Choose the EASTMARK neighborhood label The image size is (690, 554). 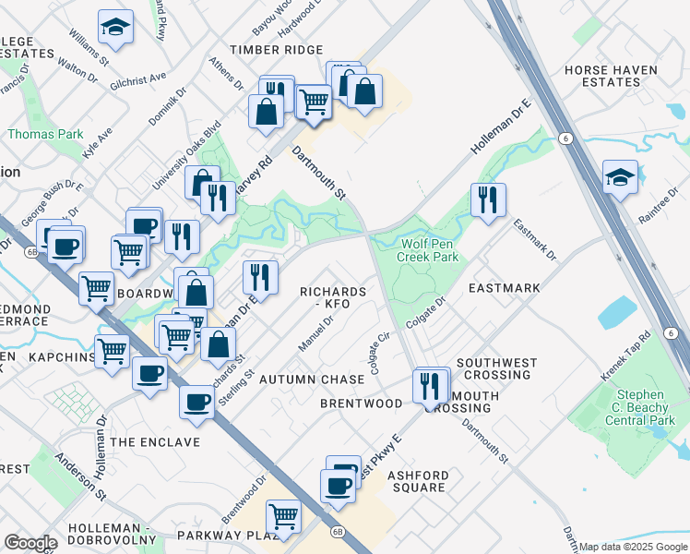[504, 288]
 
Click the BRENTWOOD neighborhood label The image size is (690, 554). [361, 403]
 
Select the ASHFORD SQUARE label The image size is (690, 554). [418, 481]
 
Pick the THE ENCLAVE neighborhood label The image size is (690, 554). [155, 442]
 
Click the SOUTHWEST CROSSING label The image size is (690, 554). [494, 368]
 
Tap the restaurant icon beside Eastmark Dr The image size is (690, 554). [488, 199]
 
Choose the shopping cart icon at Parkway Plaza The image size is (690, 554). [283, 517]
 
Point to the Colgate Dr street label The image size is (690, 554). [432, 307]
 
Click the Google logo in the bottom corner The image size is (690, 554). [30, 543]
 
